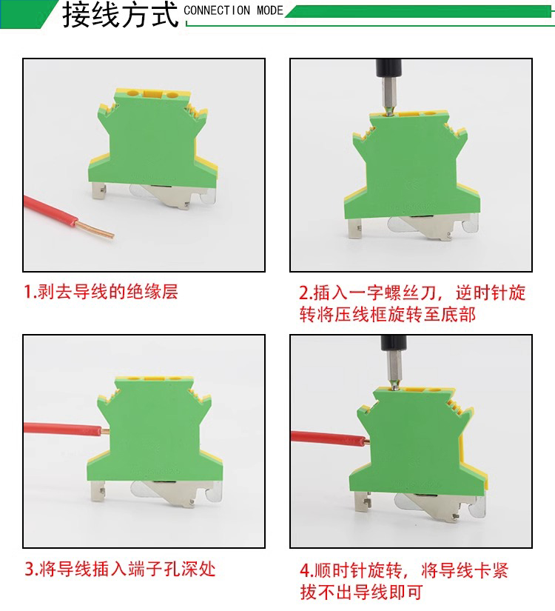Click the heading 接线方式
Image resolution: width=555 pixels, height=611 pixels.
(120, 16)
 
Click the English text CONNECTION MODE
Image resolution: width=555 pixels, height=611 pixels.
(233, 10)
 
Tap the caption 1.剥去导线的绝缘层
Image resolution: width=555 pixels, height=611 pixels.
(101, 292)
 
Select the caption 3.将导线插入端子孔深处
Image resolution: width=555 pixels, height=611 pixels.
(120, 570)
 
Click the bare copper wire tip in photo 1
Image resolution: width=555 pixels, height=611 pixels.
(95, 229)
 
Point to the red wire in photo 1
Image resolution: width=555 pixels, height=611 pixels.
(50, 211)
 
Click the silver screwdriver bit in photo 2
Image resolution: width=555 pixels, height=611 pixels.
(388, 96)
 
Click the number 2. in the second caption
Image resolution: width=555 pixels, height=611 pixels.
(306, 293)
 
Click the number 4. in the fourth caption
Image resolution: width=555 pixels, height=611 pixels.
(306, 571)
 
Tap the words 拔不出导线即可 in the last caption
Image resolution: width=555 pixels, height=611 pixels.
(361, 592)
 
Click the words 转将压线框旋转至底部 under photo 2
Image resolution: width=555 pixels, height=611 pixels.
(388, 315)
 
